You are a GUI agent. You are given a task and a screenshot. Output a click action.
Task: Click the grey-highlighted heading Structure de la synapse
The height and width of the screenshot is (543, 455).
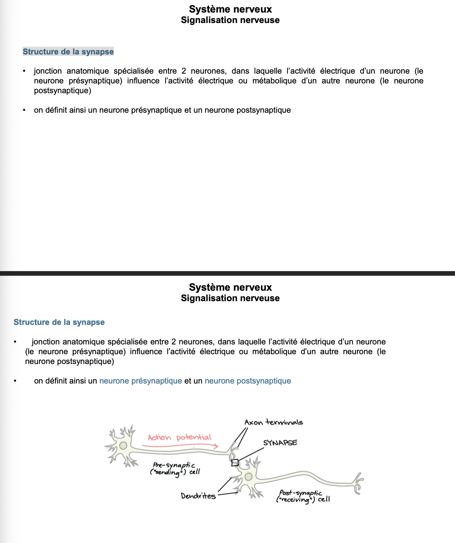pyautogui.click(x=68, y=52)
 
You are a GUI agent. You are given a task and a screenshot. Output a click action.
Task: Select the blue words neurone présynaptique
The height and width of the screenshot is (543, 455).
pyautogui.click(x=141, y=381)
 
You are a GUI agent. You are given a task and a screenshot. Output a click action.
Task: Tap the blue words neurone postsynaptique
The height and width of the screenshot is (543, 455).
pyautogui.click(x=248, y=381)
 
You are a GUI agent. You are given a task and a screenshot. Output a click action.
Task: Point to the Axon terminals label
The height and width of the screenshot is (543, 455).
pyautogui.click(x=274, y=422)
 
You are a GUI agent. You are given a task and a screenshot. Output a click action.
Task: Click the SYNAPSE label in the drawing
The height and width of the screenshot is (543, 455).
pyautogui.click(x=280, y=443)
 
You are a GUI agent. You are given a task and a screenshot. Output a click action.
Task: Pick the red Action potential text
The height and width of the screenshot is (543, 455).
pyautogui.click(x=179, y=438)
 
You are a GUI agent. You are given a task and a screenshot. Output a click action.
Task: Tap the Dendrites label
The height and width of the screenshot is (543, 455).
pyautogui.click(x=198, y=496)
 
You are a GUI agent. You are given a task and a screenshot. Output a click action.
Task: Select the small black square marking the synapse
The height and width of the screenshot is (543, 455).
pyautogui.click(x=235, y=463)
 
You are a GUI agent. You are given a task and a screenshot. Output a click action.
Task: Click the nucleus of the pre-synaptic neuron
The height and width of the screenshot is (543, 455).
pyautogui.click(x=123, y=446)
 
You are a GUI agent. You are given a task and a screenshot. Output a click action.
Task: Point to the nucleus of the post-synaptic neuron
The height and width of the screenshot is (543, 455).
pyautogui.click(x=248, y=477)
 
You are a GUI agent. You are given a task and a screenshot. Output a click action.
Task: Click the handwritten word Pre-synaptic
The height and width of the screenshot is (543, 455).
pyautogui.click(x=174, y=465)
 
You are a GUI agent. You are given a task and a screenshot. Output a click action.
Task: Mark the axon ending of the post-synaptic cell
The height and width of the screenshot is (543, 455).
pyautogui.click(x=358, y=483)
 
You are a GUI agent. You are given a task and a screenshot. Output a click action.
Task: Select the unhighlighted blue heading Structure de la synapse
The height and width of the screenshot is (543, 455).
pyautogui.click(x=59, y=322)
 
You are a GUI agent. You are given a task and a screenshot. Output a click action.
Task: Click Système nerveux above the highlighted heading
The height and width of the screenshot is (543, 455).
pyautogui.click(x=230, y=9)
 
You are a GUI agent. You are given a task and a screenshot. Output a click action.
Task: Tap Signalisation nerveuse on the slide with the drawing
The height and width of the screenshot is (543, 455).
pyautogui.click(x=230, y=298)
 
